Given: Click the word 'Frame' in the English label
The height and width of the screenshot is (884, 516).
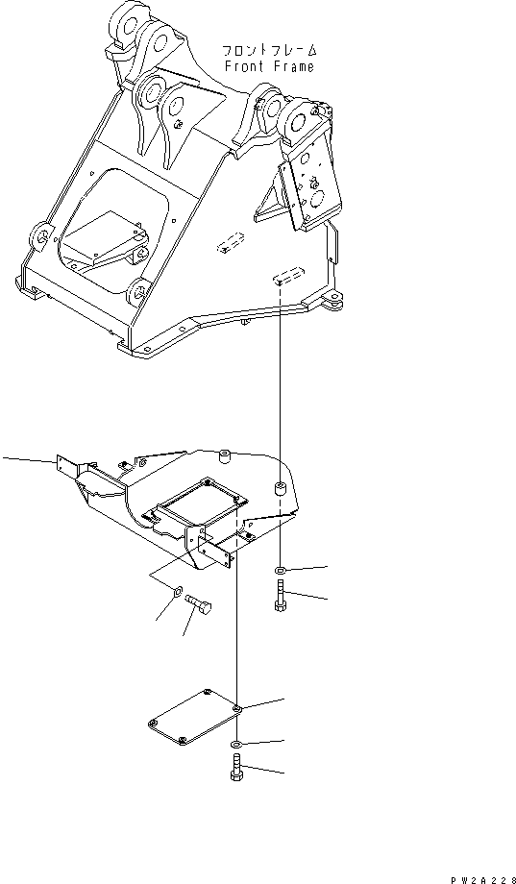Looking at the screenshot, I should [293, 67].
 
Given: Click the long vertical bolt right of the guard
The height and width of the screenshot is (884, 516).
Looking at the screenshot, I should [280, 601].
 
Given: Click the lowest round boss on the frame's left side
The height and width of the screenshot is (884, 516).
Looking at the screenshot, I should [138, 288].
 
